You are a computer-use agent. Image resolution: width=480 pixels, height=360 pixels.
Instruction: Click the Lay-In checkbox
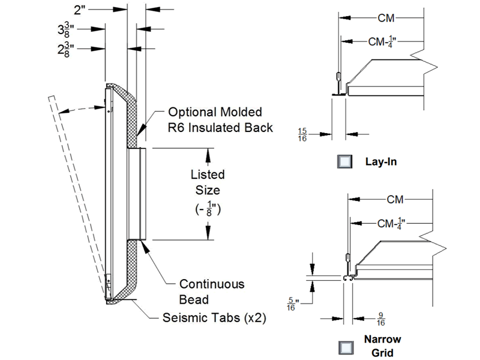344,162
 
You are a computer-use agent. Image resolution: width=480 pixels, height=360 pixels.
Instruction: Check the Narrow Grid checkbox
344,347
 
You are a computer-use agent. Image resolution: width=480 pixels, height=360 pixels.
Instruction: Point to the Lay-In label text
381,162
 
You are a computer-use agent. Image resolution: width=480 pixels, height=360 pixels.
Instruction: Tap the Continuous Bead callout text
212,291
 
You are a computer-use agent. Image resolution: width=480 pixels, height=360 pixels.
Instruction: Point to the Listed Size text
208,182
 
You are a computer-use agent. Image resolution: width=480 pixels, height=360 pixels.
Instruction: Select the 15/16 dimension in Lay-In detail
304,134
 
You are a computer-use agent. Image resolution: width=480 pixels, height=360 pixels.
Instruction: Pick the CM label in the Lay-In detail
386,18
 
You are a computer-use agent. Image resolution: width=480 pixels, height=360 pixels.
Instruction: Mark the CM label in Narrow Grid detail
395,199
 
